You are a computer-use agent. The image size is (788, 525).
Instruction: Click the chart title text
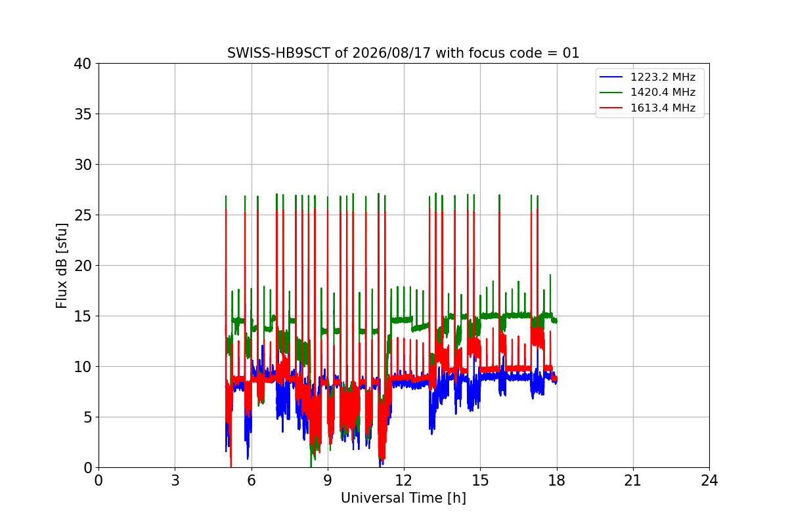click(403, 53)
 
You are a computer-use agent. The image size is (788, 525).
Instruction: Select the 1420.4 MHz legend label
click(663, 92)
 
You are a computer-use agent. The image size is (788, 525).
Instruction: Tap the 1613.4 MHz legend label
click(663, 108)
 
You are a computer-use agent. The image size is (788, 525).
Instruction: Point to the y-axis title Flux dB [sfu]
click(61, 266)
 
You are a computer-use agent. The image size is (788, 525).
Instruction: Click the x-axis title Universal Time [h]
click(403, 498)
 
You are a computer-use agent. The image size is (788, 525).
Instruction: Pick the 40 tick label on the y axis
click(83, 64)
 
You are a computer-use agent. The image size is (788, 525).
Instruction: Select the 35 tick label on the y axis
click(83, 114)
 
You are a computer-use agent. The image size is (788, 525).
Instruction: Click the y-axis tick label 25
click(83, 215)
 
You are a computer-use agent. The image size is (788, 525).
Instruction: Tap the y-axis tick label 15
click(83, 316)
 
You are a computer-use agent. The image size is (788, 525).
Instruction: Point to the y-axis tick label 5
click(87, 417)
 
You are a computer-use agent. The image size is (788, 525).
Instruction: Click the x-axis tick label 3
click(175, 480)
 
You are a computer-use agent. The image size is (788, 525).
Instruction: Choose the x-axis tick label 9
click(328, 480)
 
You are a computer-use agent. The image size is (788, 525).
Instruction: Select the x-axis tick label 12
click(404, 480)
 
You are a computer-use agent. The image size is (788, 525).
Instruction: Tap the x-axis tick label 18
click(557, 480)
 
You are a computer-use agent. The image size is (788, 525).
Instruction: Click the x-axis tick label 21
click(633, 480)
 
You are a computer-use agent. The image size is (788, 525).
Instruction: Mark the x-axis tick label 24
click(709, 480)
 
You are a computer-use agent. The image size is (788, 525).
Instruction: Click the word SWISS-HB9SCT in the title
click(278, 53)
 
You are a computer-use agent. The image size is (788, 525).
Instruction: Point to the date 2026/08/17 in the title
click(391, 53)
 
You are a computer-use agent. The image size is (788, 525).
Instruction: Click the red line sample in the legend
click(611, 108)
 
